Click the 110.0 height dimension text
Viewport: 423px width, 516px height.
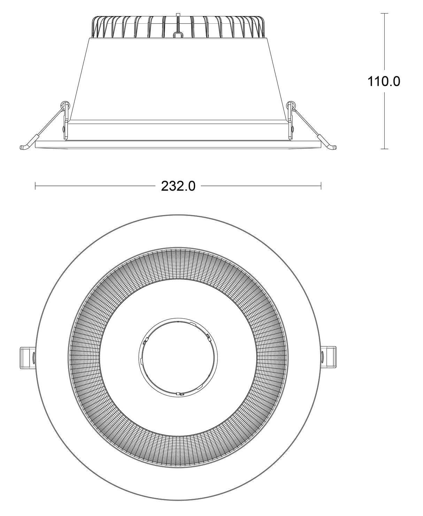point(384,82)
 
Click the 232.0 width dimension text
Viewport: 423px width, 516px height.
point(178,187)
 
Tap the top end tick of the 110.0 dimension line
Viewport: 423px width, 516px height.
point(384,13)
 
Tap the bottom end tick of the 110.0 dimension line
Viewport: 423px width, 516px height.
point(384,149)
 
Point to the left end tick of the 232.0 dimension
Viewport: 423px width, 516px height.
point(35,186)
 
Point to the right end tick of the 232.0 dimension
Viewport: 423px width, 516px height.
point(321,186)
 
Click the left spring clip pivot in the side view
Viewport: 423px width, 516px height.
point(64,105)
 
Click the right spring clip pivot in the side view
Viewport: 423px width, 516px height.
point(291,105)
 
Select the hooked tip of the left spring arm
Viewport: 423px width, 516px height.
point(23,147)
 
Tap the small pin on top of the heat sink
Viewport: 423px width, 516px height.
point(178,15)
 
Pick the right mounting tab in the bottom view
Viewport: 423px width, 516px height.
point(329,357)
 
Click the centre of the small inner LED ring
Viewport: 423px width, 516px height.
point(178,357)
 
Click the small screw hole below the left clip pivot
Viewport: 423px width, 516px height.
point(64,129)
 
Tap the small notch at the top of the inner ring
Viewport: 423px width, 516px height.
point(178,321)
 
